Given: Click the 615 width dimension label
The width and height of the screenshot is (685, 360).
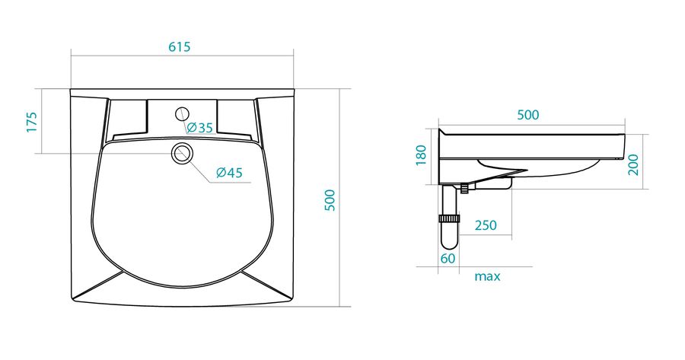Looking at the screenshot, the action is click(x=180, y=46).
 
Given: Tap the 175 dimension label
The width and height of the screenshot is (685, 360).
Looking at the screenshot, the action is click(x=32, y=123).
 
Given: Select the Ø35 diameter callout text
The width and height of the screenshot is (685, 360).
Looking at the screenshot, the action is click(x=199, y=128).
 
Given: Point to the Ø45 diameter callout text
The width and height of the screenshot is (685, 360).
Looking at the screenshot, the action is click(x=229, y=173).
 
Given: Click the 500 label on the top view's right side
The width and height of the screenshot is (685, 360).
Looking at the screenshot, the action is click(x=330, y=200).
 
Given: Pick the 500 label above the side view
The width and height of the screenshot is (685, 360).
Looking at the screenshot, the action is click(x=527, y=115).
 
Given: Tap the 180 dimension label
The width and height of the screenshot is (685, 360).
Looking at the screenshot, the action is click(x=421, y=155).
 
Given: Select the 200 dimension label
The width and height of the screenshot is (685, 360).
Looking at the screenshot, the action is click(x=633, y=164).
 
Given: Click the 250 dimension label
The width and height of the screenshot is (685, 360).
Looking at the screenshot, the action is click(x=486, y=225).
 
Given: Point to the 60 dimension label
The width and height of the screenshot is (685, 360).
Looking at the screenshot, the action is click(x=448, y=259).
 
